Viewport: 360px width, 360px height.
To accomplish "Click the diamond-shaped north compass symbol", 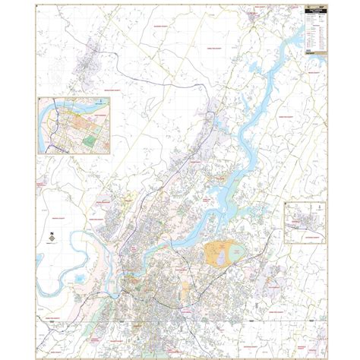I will pos(50,238).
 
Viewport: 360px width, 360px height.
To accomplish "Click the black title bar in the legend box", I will pos(314,11).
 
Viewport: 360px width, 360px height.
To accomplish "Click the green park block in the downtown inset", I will pos(90,140).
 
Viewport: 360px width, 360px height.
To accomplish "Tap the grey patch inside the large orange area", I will pos(221,260).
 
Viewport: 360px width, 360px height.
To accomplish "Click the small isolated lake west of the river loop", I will pos(80,279).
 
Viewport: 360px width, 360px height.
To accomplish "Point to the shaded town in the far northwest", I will pos(85,64).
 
